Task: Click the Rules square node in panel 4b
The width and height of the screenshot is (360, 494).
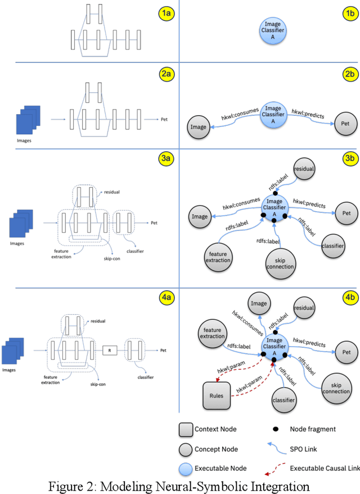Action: point(217,396)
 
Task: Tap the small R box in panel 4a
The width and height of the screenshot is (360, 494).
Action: point(110,350)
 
